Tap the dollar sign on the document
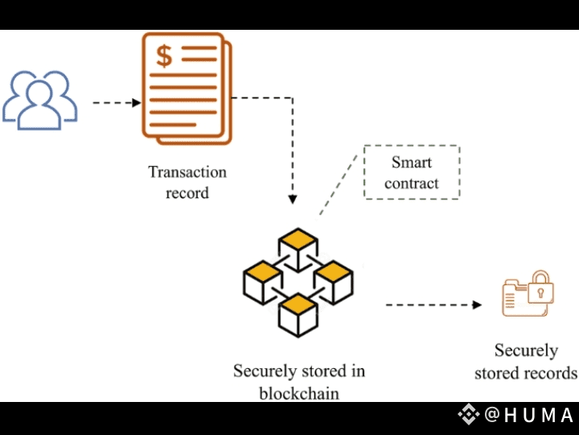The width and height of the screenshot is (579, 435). (164, 56)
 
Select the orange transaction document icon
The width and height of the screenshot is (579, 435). (185, 88)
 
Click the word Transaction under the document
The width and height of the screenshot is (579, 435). (187, 172)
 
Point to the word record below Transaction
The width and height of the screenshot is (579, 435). (187, 193)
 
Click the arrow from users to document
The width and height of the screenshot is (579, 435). (117, 103)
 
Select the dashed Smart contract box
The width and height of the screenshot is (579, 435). (412, 172)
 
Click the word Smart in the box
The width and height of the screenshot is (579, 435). (412, 162)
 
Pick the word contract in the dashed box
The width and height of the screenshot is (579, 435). (412, 184)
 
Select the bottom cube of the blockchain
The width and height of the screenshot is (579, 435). (298, 313)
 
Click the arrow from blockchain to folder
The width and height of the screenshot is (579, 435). (433, 305)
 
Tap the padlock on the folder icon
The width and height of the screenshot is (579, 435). (540, 285)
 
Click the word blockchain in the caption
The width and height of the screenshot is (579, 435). (299, 394)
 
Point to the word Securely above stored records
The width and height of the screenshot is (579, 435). (526, 351)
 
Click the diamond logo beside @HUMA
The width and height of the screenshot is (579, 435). (469, 415)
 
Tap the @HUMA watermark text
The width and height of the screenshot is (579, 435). (530, 416)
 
